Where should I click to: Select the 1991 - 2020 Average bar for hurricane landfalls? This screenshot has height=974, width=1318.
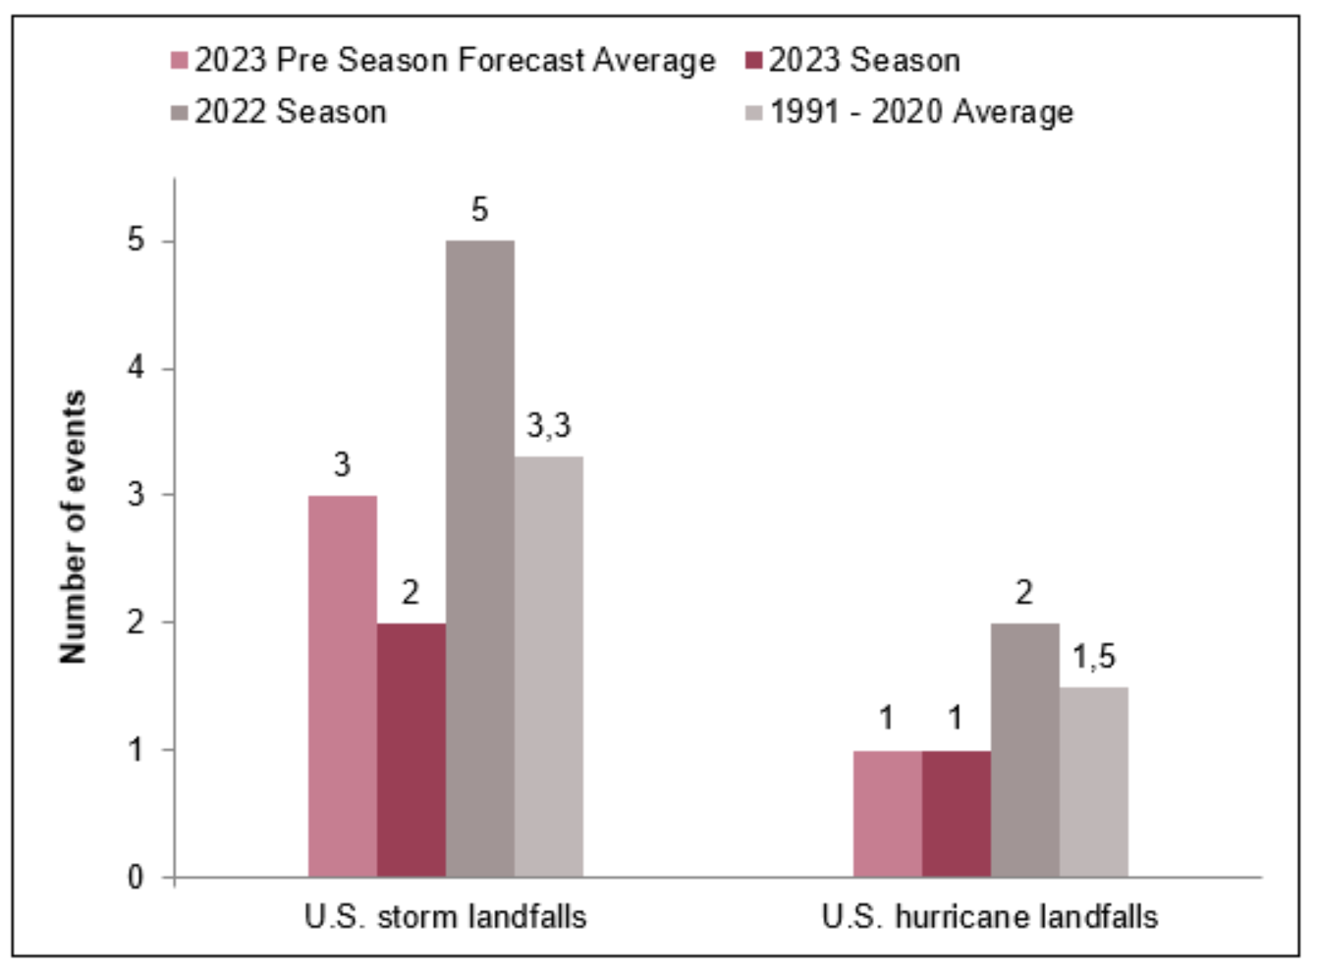[x=1093, y=782]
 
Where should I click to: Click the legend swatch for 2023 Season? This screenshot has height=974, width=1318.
[x=753, y=61]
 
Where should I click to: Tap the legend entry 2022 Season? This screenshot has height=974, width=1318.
[x=290, y=112]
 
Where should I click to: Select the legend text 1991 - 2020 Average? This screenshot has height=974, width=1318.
[x=920, y=112]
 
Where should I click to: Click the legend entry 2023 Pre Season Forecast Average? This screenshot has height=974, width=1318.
[x=454, y=61]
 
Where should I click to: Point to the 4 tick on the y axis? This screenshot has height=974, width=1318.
[x=136, y=368]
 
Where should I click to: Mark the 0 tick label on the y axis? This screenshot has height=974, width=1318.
[x=136, y=877]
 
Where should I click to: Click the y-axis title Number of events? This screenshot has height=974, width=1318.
[x=74, y=526]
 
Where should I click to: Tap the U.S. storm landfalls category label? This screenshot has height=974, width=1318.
[x=445, y=917]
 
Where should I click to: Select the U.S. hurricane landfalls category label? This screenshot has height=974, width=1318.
[x=990, y=917]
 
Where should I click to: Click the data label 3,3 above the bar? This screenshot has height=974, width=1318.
[x=548, y=426]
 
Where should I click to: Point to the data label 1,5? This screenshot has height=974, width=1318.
[x=1093, y=657]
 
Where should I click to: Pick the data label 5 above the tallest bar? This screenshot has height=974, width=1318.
[x=479, y=210]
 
